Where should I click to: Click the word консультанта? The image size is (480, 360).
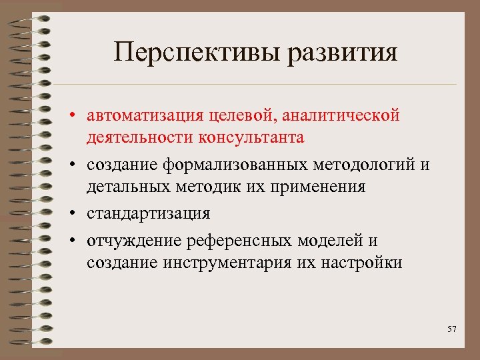click(250, 137)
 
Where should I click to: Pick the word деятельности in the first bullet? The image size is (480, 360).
click(139, 137)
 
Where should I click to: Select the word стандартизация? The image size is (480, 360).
click(148, 213)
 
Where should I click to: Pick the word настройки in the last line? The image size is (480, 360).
click(364, 263)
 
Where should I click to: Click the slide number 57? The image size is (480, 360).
click(452, 329)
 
